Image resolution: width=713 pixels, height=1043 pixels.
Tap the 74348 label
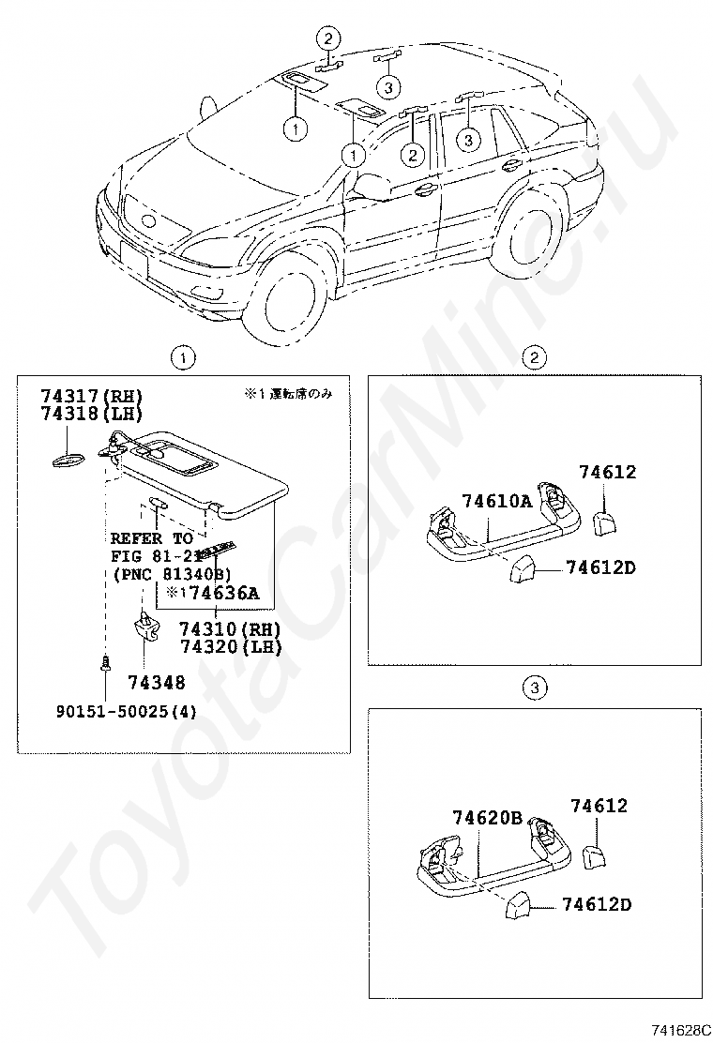point(156,683)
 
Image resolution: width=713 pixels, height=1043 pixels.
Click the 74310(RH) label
point(231,628)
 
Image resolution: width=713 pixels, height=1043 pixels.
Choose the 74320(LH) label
point(231,646)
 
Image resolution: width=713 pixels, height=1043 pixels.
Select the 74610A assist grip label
point(496,501)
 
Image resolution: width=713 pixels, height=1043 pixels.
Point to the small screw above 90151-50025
point(105,664)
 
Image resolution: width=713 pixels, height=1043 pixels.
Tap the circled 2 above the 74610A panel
point(534,356)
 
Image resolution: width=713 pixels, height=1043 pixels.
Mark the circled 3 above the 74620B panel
point(534,689)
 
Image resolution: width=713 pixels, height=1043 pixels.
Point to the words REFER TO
point(151,538)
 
